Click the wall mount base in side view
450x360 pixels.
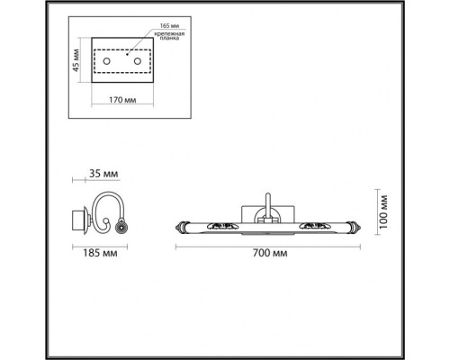pos(77,218)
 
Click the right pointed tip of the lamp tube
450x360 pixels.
pos(361,223)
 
